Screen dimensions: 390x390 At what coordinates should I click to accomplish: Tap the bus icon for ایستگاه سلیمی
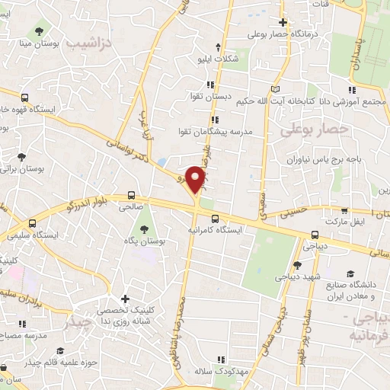pos(32,224)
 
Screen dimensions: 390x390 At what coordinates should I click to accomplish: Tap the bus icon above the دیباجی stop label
pos(315,235)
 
